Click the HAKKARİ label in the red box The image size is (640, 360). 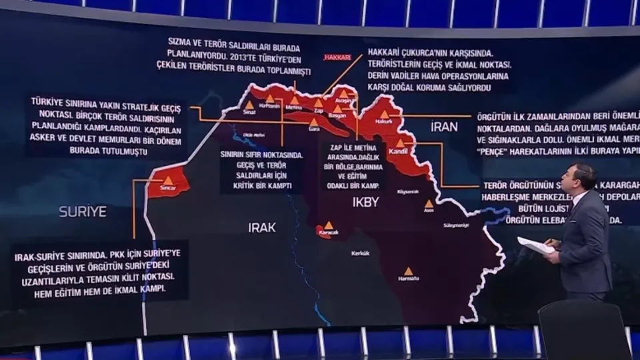337,57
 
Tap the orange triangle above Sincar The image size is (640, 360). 168,180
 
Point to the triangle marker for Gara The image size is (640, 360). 313,122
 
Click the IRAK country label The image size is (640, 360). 262,227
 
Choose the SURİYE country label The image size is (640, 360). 83,211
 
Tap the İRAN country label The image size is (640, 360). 445,127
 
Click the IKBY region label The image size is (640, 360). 365,201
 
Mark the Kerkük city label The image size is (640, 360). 361,253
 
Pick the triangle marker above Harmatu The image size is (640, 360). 408,271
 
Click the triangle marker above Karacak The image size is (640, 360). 329,225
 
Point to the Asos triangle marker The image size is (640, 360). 429,203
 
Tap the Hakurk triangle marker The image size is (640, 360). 384,115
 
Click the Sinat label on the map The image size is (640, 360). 249,113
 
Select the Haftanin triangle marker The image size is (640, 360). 269,99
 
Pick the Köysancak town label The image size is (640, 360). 407,191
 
